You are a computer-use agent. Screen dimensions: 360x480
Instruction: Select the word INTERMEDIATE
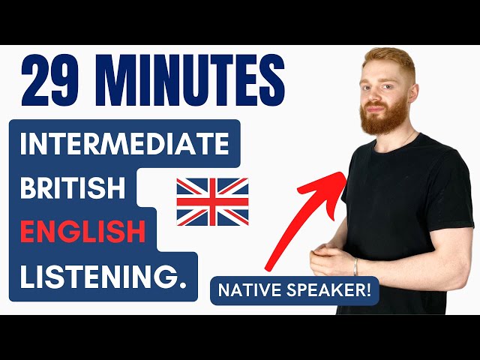124,144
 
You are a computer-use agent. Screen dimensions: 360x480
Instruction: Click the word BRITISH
73,188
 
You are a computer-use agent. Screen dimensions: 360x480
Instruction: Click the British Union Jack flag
212,201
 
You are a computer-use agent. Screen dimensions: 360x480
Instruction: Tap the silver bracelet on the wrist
356,268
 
